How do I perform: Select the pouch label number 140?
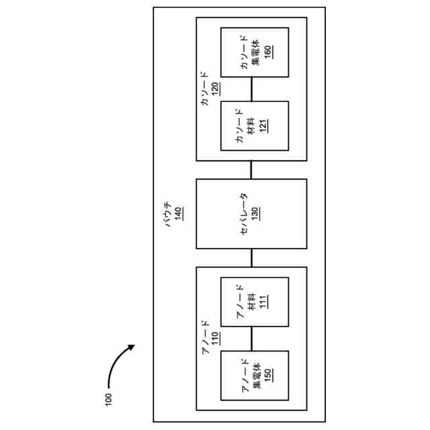tap(179, 214)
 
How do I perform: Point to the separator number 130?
tap(255, 214)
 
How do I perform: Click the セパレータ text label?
tap(243, 214)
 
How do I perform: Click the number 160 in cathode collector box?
tap(267, 53)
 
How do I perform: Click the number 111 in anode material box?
tap(264, 302)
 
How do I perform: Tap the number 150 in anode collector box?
tap(267, 375)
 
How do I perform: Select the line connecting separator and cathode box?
tap(251, 169)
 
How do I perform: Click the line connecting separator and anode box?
tap(251, 257)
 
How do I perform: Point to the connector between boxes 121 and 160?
tap(251, 89)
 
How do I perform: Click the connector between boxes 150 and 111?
tap(251, 339)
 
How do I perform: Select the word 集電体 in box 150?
tap(255, 375)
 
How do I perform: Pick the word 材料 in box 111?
tap(253, 302)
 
